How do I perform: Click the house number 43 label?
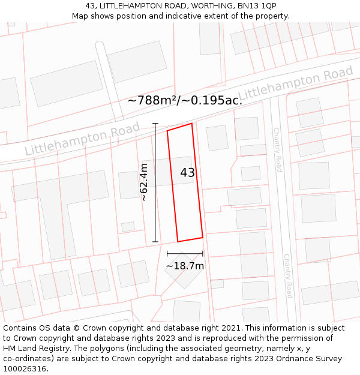coord(187,173)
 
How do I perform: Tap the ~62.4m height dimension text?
coord(144,182)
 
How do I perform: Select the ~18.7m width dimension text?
coord(185,266)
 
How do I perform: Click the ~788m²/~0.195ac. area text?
coord(185,101)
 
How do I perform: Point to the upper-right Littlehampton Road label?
coord(296,85)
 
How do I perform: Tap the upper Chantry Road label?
coord(277,149)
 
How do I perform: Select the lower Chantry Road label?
coord(287,275)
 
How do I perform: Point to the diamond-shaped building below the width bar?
coord(184,269)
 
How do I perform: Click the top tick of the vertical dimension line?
coord(155,124)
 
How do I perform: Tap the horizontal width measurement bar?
coord(185,254)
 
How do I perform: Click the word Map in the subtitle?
coord(80,16)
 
